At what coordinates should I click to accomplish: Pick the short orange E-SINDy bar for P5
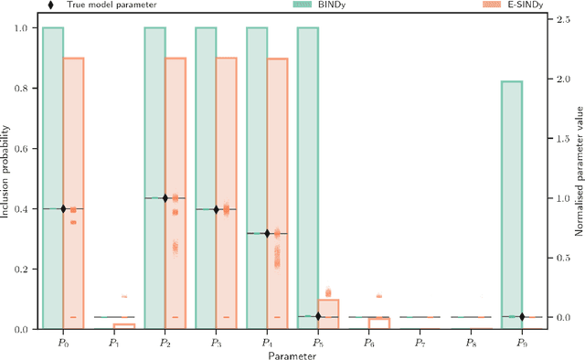point(328,313)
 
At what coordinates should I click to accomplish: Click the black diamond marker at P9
point(522,317)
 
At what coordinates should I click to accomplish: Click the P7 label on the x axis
point(420,341)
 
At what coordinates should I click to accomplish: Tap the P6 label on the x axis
point(368,341)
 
